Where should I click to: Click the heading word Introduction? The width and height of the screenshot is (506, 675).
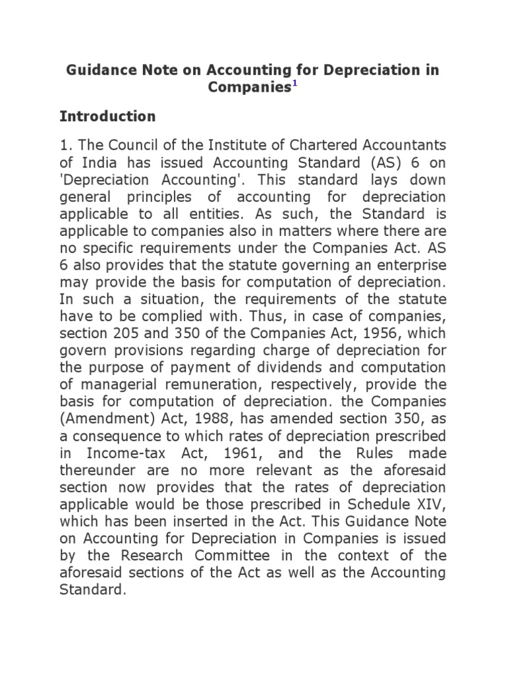pyautogui.click(x=107, y=117)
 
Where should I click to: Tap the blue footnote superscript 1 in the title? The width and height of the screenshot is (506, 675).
pyautogui.click(x=295, y=84)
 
